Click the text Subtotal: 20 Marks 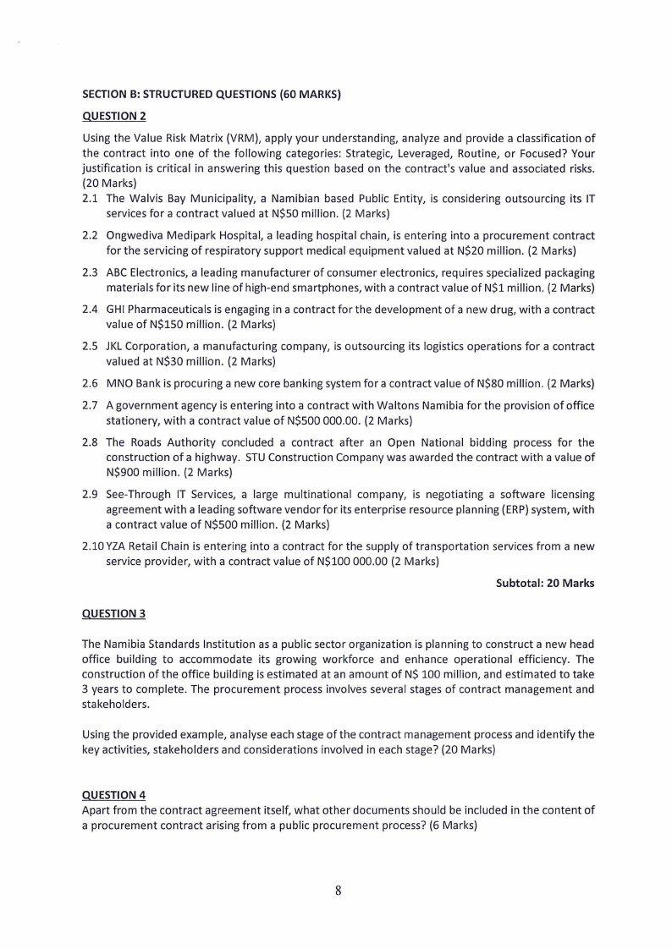click(545, 583)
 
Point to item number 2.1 click(90, 199)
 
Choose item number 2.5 click(90, 346)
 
